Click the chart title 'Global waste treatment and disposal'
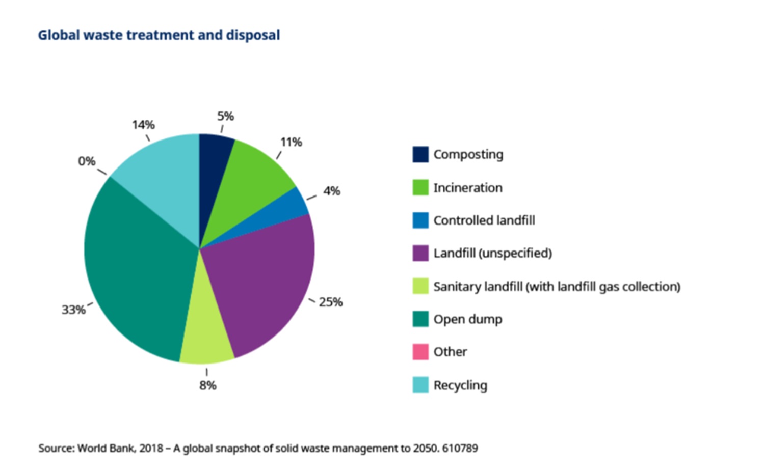[x=159, y=35]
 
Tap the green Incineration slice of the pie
[x=250, y=178]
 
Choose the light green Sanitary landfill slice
[x=206, y=336]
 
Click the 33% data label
[x=73, y=310]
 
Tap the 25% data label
[x=331, y=302]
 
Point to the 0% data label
[x=87, y=161]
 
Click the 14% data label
[x=143, y=125]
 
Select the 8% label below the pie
[x=208, y=385]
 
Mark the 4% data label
[x=331, y=191]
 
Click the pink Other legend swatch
[x=420, y=352]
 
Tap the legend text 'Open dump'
[x=467, y=319]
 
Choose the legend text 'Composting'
[x=468, y=154]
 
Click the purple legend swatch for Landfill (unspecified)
[x=420, y=253]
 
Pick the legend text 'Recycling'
[x=460, y=385]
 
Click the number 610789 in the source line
[x=460, y=448]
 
